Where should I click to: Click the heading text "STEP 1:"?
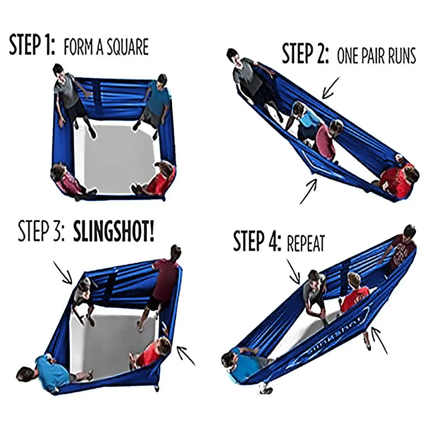pos(32,46)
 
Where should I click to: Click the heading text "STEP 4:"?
pos(257,242)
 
